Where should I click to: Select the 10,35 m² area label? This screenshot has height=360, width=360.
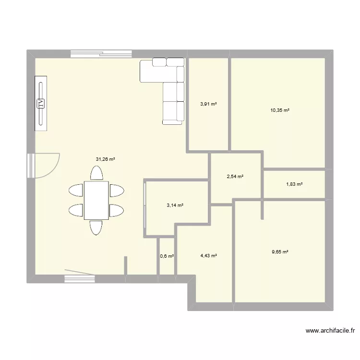280,110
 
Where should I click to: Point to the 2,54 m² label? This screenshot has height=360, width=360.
235,177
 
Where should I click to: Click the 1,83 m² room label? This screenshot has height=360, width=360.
294,184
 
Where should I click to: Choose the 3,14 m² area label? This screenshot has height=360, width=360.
175,205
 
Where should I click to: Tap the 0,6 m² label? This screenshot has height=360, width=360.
167,256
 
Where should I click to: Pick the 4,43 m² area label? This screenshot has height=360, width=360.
208,256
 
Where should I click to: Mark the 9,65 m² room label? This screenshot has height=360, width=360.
279,252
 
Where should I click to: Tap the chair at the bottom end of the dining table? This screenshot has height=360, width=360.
96,228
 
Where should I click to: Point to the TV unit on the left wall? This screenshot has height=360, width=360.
41,102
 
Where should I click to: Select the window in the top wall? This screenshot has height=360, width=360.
101,54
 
